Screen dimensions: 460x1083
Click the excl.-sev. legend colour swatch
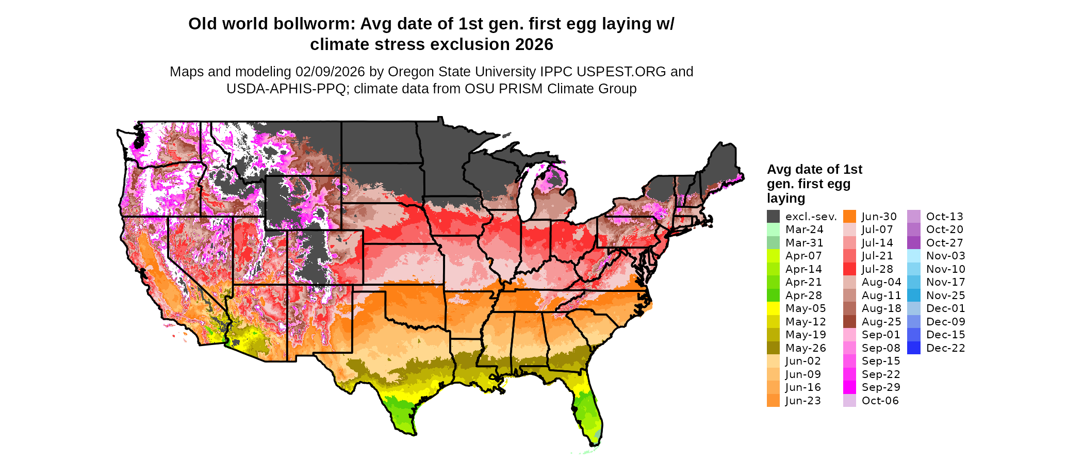tap(773, 217)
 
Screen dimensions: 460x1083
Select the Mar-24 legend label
tap(804, 229)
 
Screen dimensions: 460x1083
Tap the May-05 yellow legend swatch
tap(773, 308)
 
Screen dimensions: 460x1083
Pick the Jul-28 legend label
tap(877, 269)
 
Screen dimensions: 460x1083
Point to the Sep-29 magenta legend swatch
tap(849, 387)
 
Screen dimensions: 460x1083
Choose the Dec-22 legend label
tap(945, 348)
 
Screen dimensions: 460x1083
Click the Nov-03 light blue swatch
tap(913, 256)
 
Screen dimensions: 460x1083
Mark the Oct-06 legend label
tap(880, 401)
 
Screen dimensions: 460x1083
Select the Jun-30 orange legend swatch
tap(849, 217)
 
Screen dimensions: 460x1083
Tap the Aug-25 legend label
tap(881, 322)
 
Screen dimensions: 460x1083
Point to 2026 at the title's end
tap(534, 44)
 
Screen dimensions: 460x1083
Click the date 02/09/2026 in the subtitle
tap(330, 72)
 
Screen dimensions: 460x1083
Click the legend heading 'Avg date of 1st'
tap(814, 169)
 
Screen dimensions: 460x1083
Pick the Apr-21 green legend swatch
tap(773, 282)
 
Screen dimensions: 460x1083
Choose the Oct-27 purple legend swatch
tap(913, 243)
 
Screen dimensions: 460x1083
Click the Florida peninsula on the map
tap(588, 413)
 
